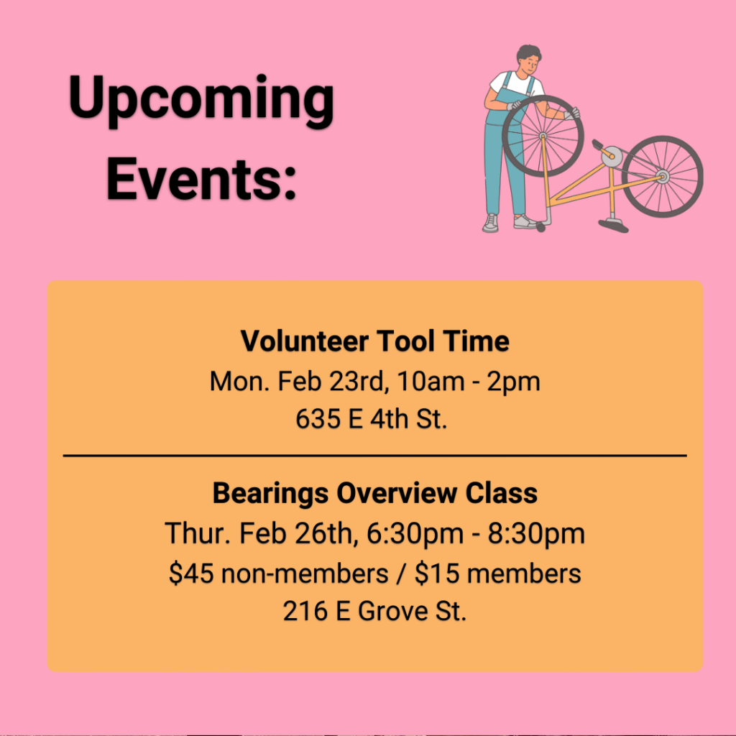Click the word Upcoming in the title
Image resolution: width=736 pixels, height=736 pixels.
201,100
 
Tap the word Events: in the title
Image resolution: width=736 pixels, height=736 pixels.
201,179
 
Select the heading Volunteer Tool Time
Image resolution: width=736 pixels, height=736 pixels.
374,341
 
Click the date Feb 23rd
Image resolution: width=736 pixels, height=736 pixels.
332,381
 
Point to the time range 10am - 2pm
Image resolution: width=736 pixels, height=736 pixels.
469,382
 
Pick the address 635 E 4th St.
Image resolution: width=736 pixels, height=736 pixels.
372,419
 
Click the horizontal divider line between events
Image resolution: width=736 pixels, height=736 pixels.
374,455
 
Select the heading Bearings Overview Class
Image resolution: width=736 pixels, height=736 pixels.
374,493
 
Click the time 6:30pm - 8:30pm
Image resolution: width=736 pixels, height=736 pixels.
476,534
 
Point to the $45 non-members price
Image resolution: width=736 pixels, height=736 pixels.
279,573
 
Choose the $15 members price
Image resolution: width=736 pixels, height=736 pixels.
497,573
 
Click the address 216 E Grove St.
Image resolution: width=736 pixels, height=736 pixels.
374,611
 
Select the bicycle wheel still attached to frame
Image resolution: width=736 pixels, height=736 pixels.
662,177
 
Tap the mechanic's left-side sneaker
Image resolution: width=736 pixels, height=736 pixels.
490,223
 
